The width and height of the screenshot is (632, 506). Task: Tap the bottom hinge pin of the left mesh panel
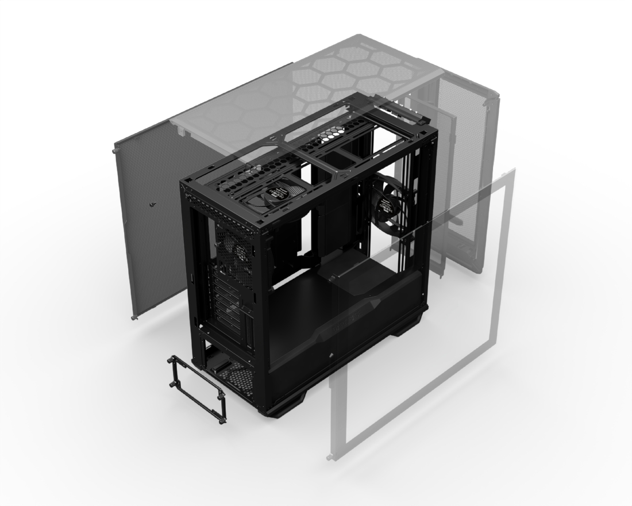pyautogui.click(x=134, y=317)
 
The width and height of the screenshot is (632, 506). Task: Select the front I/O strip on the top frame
pyautogui.click(x=396, y=115)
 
